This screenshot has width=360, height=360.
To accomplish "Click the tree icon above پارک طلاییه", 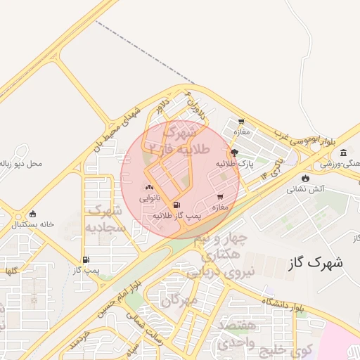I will pyautogui.click(x=234, y=152).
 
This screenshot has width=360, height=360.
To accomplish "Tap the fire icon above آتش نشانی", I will pyautogui.click(x=305, y=178).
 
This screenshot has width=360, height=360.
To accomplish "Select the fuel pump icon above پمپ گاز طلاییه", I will pyautogui.click(x=175, y=205).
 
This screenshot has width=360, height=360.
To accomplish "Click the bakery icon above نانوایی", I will pyautogui.click(x=148, y=188).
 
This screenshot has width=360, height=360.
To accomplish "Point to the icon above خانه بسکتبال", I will pyautogui.click(x=32, y=214).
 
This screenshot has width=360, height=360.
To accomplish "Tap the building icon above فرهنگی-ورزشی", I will pyautogui.click(x=343, y=153).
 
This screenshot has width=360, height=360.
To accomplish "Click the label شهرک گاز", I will pyautogui.click(x=316, y=263).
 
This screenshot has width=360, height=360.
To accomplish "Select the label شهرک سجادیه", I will pyautogui.click(x=105, y=219).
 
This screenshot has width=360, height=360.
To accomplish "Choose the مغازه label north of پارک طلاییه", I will pyautogui.click(x=242, y=131).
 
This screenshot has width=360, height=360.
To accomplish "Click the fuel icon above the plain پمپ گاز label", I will pyautogui.click(x=86, y=259).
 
